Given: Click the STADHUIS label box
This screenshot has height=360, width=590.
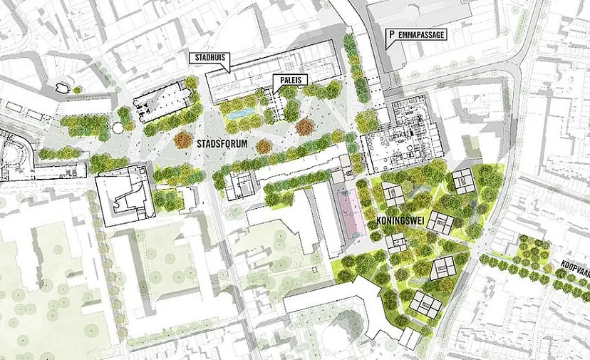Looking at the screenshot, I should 209,58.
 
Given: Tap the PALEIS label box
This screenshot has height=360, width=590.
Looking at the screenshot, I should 289,80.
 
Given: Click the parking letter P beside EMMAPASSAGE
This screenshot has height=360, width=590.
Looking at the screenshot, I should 390,34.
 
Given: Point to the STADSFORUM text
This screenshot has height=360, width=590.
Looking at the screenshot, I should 224,143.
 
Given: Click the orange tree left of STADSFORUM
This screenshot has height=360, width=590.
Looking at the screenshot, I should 183,140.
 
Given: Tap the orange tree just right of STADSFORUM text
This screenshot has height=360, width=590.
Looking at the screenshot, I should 264,146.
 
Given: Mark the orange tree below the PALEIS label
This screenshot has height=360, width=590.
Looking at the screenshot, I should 304,127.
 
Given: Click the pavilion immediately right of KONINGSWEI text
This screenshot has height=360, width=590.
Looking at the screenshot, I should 443,224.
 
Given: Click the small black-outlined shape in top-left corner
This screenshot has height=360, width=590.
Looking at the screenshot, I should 62,87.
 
